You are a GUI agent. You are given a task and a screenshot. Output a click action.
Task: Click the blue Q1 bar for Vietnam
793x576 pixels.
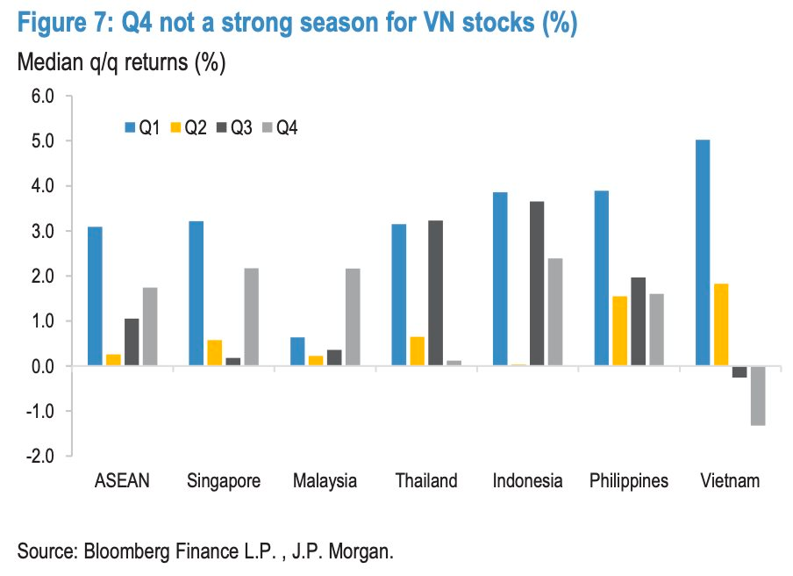[702, 253]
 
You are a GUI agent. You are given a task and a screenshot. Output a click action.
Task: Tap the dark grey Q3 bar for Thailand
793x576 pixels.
[435, 293]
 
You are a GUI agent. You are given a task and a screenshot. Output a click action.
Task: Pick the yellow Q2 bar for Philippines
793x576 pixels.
[619, 331]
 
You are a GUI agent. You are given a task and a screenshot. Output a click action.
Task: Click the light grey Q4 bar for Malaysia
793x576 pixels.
[352, 317]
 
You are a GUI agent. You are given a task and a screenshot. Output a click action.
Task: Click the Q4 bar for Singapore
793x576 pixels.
[251, 317]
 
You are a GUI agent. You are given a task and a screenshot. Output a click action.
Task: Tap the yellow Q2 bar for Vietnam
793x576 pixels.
[720, 325]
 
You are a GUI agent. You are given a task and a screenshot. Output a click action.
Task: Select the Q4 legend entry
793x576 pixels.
[282, 129]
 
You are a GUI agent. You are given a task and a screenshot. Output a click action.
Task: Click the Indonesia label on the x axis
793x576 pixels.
[527, 481]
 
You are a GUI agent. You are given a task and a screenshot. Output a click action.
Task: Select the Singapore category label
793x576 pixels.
[224, 481]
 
